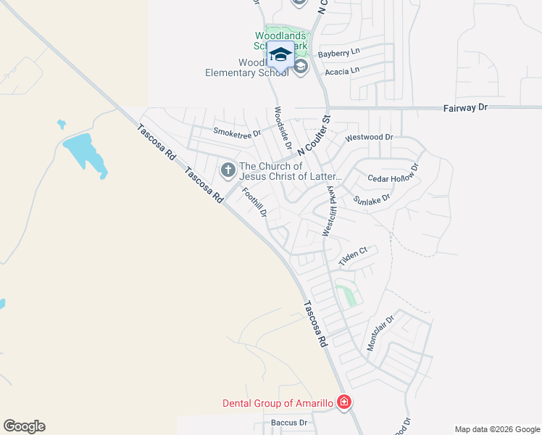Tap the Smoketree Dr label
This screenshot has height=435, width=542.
236,133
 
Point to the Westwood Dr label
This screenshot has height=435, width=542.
369,137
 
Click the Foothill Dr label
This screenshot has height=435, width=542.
254,203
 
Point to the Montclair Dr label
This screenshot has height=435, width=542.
380,333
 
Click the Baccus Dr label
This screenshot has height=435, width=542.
289,422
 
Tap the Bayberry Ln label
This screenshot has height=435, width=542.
338,53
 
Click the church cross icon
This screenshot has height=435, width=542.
228,170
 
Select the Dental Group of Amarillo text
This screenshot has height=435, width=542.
278,403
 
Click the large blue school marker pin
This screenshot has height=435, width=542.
280,56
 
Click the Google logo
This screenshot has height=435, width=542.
24,426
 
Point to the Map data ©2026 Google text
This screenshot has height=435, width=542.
496,429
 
